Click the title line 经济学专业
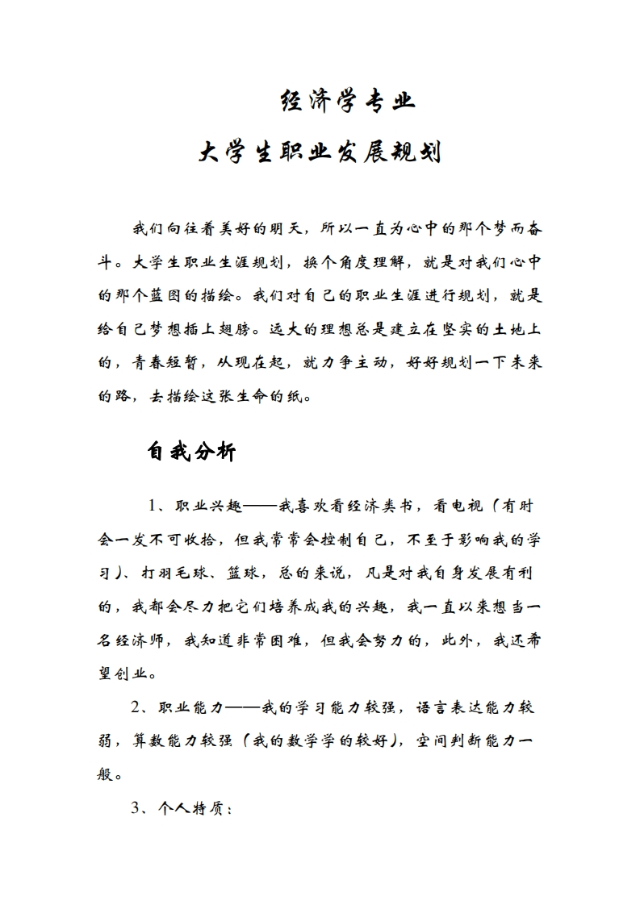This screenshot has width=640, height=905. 347,102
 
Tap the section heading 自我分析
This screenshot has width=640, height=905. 191,452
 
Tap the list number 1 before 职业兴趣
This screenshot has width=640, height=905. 153,506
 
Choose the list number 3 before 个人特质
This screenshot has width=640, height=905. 136,808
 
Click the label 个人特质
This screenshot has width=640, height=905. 194,808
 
